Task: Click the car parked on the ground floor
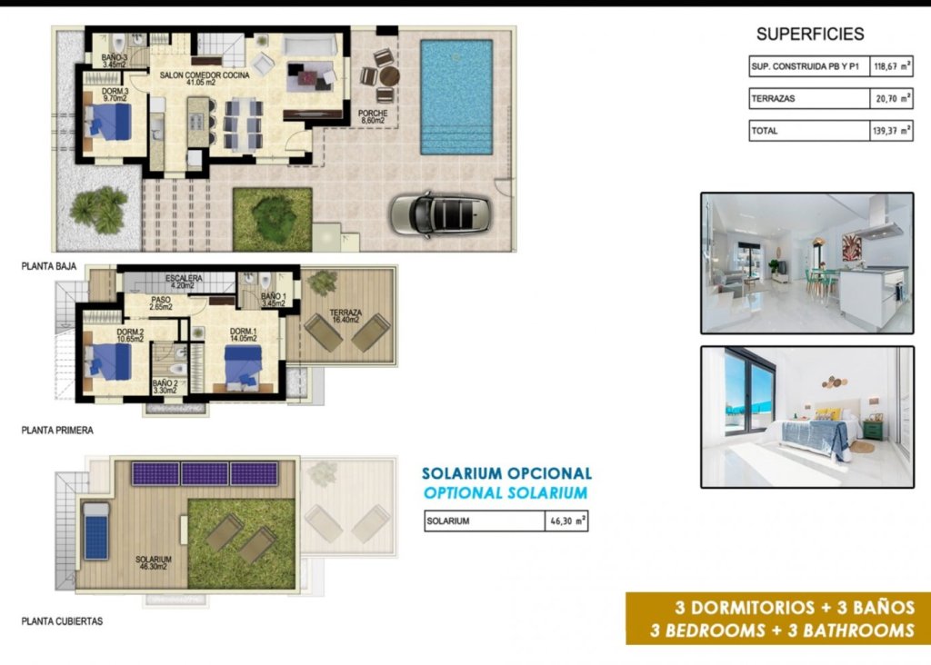coord(440,214)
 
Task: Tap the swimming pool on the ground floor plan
coord(455,97)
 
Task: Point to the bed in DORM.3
coord(110,122)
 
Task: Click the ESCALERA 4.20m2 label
coord(184,280)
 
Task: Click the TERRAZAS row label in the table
coord(773,98)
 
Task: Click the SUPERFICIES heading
coord(809,35)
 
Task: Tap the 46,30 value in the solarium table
coord(564,521)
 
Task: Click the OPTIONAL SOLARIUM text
coord(506,493)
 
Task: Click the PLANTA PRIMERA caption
coord(57,431)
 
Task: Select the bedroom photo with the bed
coord(806,416)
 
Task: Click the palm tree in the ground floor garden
coord(99,209)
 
